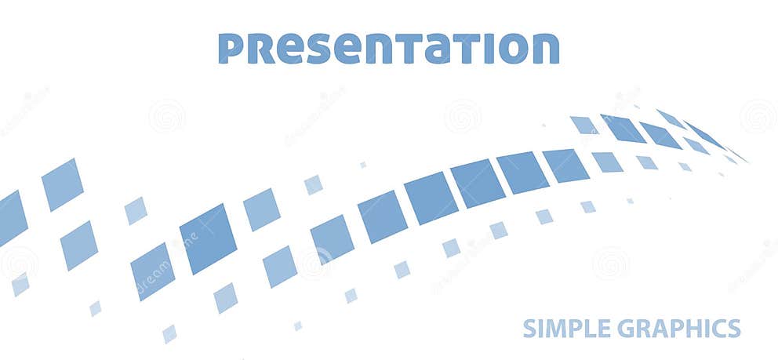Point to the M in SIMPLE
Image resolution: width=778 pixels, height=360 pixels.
click(552, 328)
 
